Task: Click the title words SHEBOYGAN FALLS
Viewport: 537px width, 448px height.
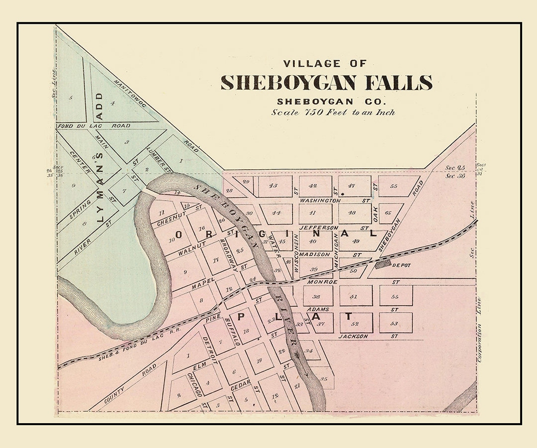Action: [x=326, y=83]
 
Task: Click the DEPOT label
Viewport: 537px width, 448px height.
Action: [x=402, y=265]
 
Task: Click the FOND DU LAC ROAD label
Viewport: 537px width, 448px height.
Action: [x=94, y=126]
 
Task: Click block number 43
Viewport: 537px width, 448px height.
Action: [x=273, y=186]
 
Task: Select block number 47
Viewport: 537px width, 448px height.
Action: [x=352, y=186]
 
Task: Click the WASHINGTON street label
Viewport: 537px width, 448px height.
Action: [x=320, y=200]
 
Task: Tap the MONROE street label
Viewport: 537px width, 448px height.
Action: [x=319, y=282]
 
